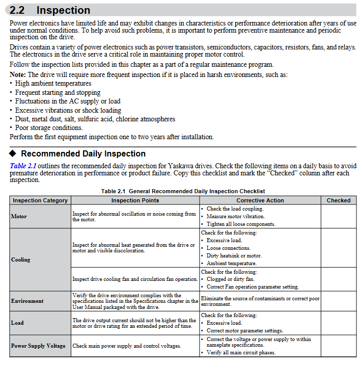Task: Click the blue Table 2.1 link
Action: [23, 166]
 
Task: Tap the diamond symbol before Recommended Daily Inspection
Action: [13, 153]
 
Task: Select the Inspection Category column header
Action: [40, 200]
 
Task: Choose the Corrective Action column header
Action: [260, 200]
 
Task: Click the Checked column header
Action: [339, 200]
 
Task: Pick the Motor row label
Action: [19, 217]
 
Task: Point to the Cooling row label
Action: [21, 259]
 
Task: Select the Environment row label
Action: [27, 301]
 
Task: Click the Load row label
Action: [17, 323]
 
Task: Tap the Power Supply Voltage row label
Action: [38, 346]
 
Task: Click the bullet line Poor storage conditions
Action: [49, 128]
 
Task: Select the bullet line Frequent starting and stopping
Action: [58, 92]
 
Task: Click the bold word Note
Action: [18, 74]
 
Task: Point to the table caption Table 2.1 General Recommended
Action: [183, 191]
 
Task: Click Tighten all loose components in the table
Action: [241, 224]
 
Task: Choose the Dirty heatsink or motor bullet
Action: [234, 255]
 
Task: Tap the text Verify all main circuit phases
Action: [241, 352]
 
